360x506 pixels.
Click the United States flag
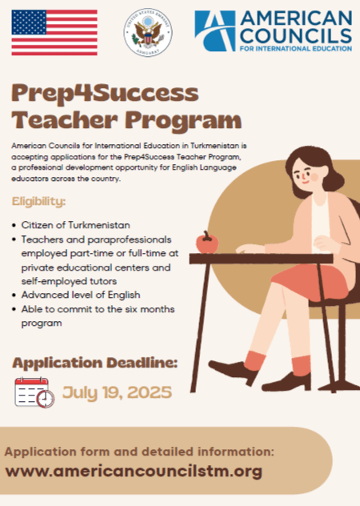54,33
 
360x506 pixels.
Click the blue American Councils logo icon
215,30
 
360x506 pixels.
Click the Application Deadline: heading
94,363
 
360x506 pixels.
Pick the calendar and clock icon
34,392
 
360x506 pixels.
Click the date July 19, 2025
116,392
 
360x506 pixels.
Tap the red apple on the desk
207,242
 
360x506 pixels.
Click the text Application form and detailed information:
139,452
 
